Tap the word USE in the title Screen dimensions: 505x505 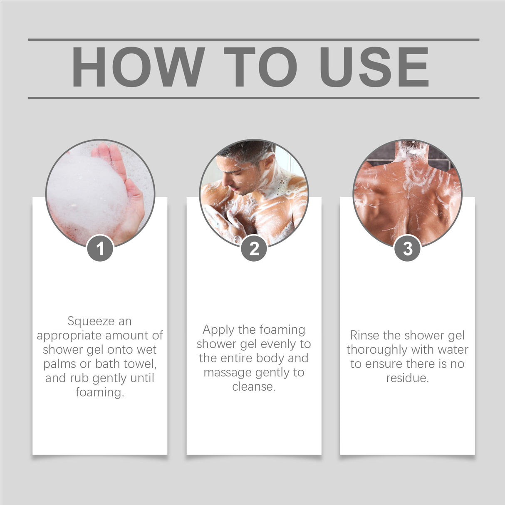tap(374, 67)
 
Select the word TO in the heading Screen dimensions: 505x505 tap(261, 67)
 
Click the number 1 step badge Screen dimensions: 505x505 tap(100, 249)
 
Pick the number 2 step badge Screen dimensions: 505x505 tap(254, 249)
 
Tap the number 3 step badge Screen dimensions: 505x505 tap(407, 249)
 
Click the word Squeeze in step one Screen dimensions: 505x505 tap(85, 322)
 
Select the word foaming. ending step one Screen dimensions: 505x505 tap(100, 392)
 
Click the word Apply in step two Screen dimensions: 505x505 tap(218, 330)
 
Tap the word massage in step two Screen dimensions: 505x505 tap(227, 373)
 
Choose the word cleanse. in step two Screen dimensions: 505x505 tap(254, 387)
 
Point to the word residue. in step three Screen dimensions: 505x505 tap(407, 378)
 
